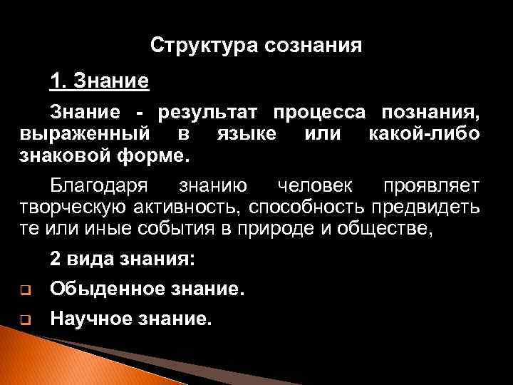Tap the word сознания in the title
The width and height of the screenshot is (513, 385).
(x=313, y=46)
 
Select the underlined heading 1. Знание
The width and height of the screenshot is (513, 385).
(x=99, y=81)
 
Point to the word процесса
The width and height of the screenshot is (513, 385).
(x=321, y=113)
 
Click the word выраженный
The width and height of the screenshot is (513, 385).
(x=85, y=133)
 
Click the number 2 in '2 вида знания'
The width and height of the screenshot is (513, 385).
(x=55, y=260)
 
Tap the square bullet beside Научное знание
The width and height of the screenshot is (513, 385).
(x=24, y=320)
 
